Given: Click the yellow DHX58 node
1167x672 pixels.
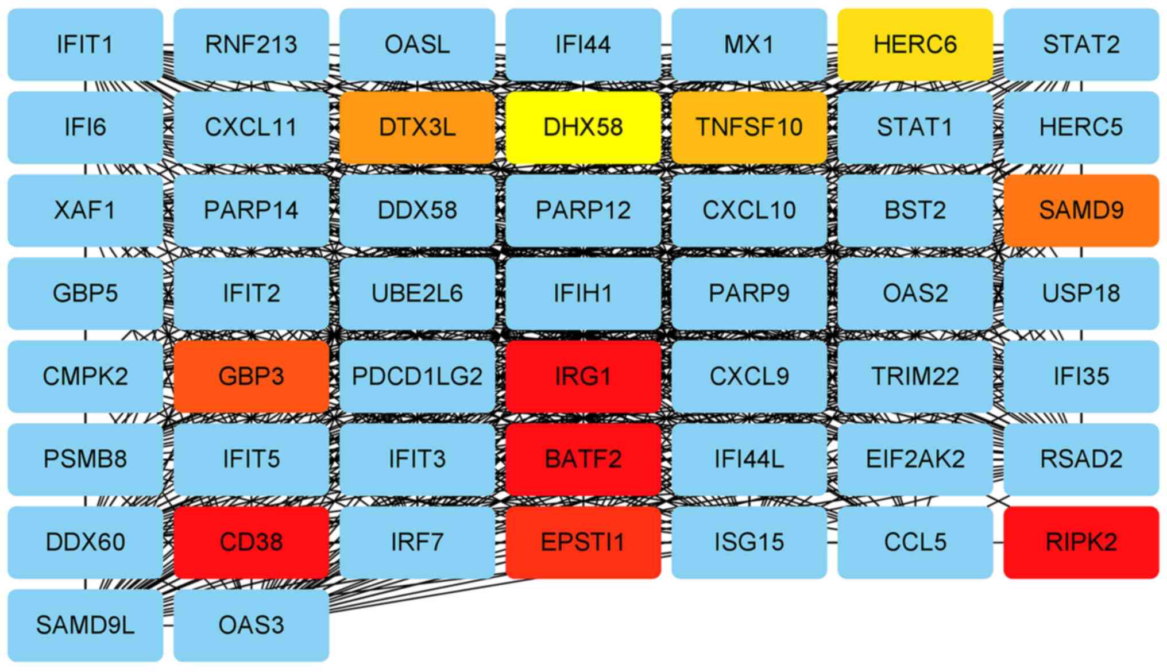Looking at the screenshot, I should pos(583,127).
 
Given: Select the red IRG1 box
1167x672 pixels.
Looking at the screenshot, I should pos(583,376).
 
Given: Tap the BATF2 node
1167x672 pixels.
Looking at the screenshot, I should pos(583,459).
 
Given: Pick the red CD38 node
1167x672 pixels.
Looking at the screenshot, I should pos(251,542).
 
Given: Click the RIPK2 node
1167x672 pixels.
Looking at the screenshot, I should pos(1081,542).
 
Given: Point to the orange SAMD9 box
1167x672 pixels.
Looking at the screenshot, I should pos(1081,210).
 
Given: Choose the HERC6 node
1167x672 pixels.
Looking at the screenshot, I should pos(915,44).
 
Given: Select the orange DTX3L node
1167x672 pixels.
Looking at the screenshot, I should pos(417,127).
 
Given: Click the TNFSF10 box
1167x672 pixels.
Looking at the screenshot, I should pos(749,127).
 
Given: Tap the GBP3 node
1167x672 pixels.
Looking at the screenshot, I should pos(251,376).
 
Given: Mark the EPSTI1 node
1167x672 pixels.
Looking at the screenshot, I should pos(583,542).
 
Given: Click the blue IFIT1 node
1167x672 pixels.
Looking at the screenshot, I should pos(85,44).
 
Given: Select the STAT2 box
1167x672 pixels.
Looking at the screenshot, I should pos(1081,44).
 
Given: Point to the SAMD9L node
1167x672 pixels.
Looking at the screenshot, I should pos(85,625).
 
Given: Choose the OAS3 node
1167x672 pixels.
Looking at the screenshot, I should pos(251,625).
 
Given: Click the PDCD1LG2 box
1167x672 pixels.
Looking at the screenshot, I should pos(417,376).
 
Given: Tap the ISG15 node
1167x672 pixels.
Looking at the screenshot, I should pos(749,542).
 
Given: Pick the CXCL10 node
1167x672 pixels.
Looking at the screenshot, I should pos(749,210).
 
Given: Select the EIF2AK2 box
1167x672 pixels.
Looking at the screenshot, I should pos(915,459).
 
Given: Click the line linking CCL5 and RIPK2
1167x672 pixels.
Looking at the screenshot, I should pos(998,542).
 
